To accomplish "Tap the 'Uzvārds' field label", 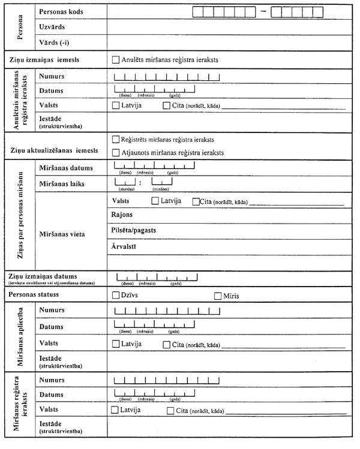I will (x=52, y=27).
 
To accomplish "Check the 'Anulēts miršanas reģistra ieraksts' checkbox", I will (x=116, y=59).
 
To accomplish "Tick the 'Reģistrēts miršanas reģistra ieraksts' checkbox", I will (x=116, y=138).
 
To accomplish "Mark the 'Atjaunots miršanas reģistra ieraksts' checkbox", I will (x=116, y=152).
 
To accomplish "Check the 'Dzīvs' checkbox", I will (x=116, y=295).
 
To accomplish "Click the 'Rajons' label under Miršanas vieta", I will (x=122, y=214).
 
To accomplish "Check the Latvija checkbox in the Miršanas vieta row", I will (x=155, y=201).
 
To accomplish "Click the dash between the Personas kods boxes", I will (x=262, y=11).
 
